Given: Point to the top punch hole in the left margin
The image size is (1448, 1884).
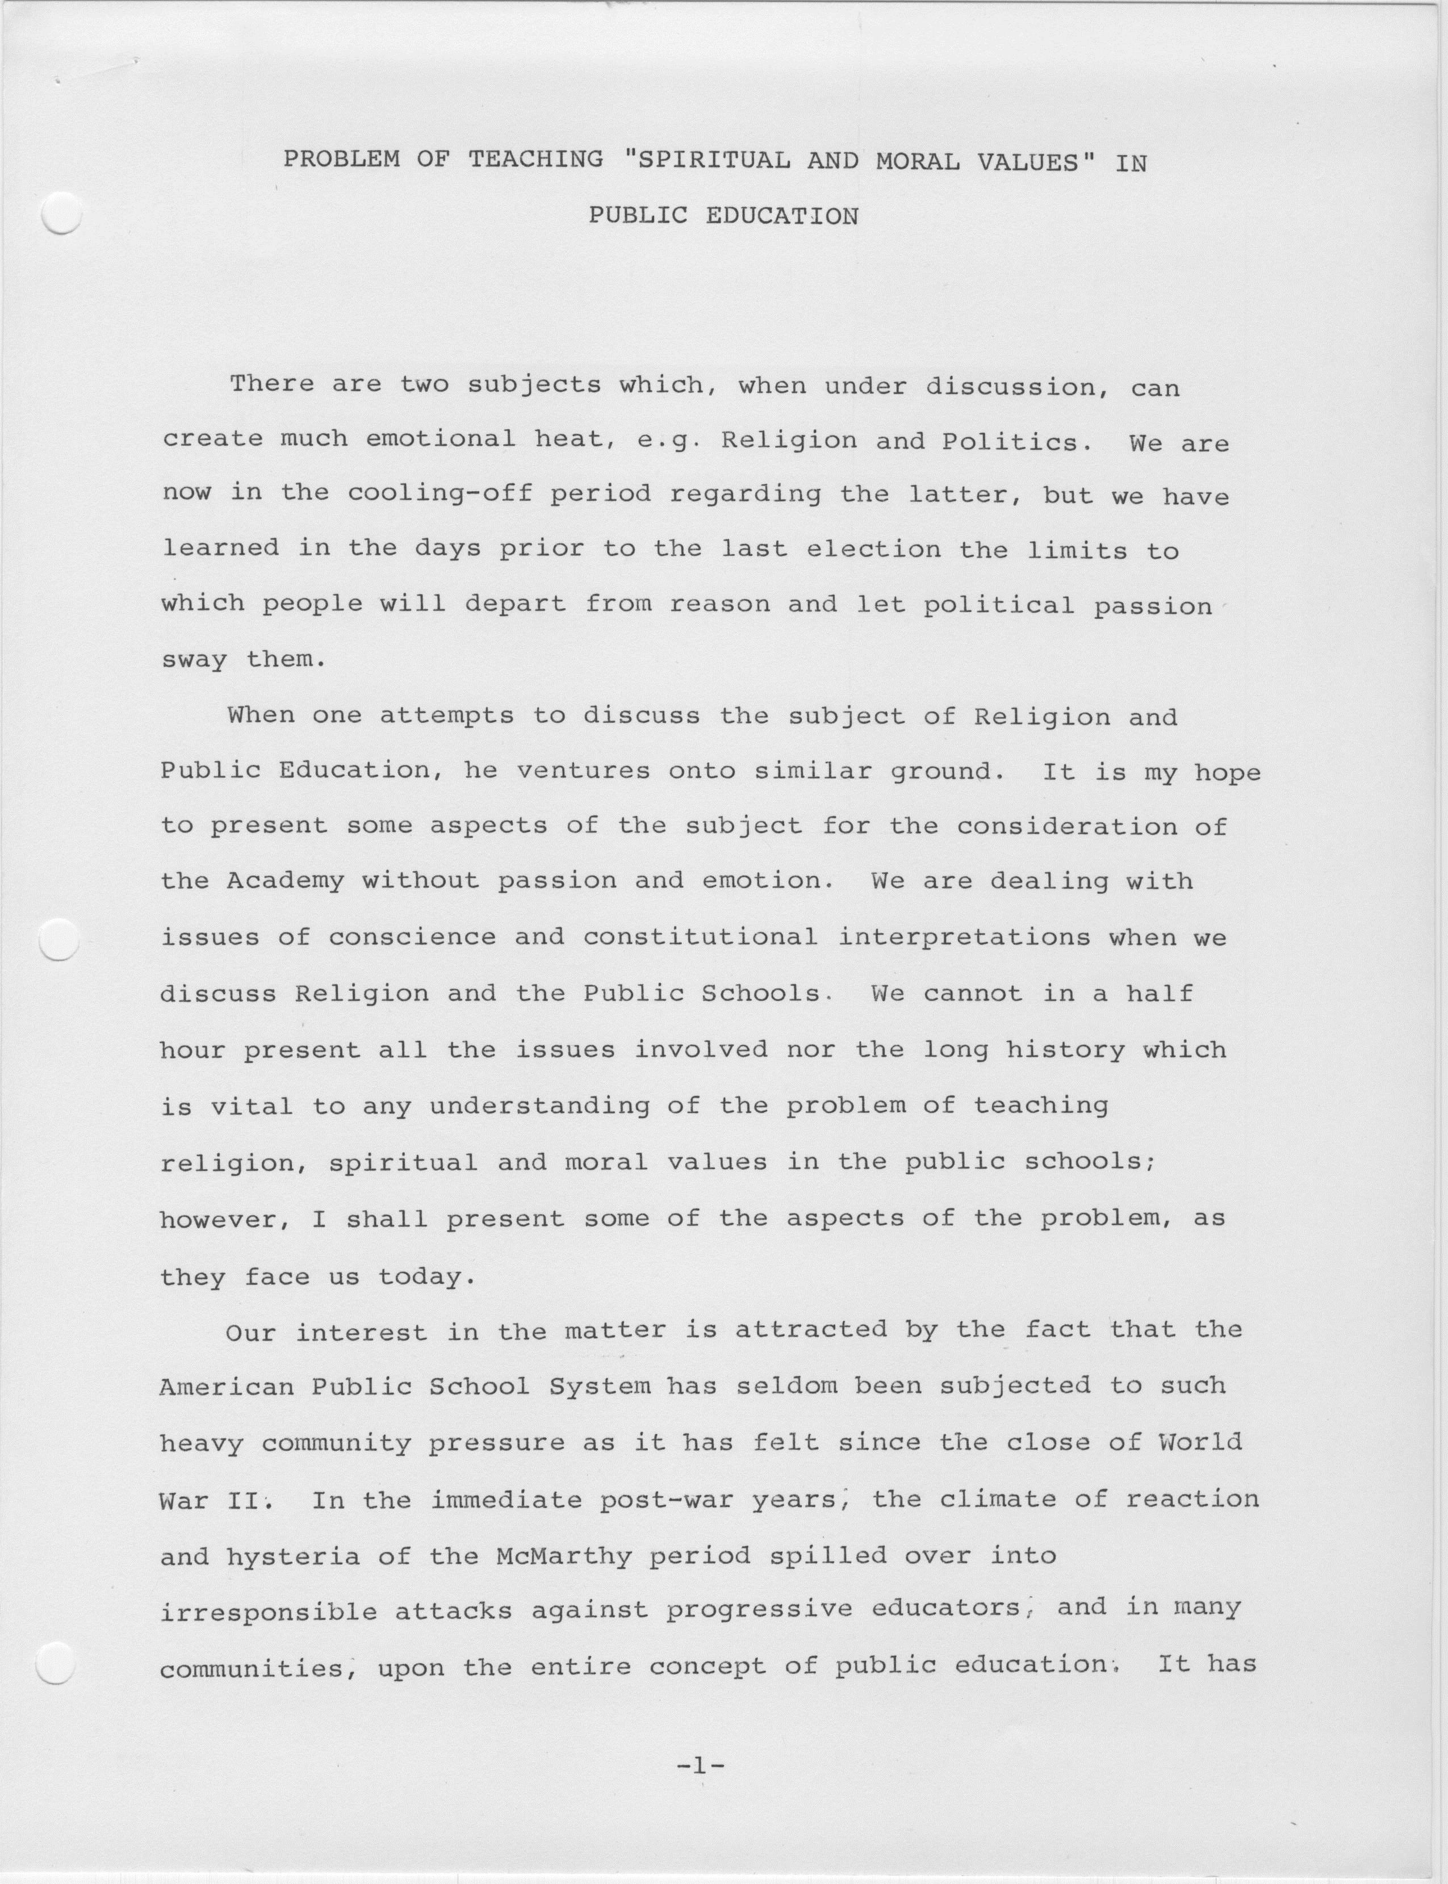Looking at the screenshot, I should [x=60, y=213].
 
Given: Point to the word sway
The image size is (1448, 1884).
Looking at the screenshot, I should [x=194, y=661].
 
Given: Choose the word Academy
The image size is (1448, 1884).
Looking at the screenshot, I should [x=285, y=881].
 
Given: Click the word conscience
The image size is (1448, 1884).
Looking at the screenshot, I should [x=412, y=937].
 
